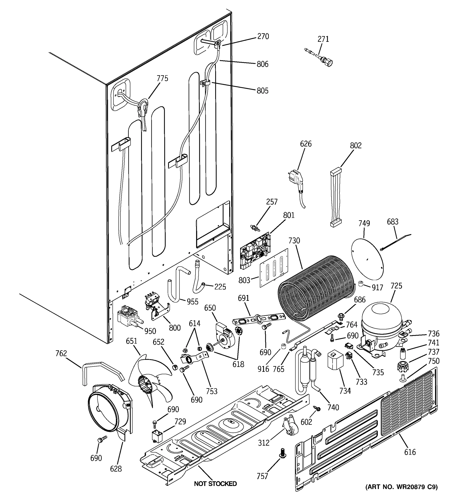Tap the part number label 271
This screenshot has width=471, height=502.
pyautogui.click(x=323, y=39)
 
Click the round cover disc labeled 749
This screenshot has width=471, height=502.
pyautogui.click(x=367, y=259)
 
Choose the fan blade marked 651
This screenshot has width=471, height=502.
pyautogui.click(x=149, y=379)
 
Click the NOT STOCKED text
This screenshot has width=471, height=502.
pyautogui.click(x=215, y=484)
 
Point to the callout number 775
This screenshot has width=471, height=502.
pyautogui.click(x=162, y=78)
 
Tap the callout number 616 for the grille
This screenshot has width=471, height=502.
pyautogui.click(x=410, y=452)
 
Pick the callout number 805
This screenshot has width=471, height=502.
pyautogui.click(x=262, y=91)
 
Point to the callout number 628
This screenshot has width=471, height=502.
pyautogui.click(x=116, y=469)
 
